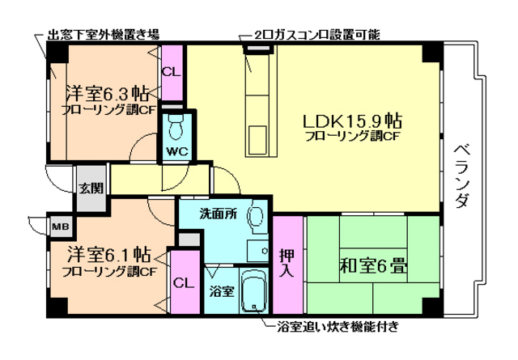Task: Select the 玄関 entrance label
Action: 91,189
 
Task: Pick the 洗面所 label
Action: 219,215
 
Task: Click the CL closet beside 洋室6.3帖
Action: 171,71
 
